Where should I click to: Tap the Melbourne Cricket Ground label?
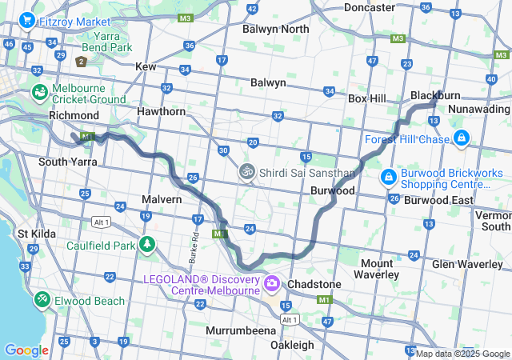(x=89, y=94)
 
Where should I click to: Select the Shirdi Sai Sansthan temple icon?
(x=247, y=172)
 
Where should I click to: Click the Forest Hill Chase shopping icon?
(x=461, y=139)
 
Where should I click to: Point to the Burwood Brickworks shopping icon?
(x=388, y=175)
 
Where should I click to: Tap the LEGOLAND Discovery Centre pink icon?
(x=272, y=284)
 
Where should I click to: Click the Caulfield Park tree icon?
(x=146, y=244)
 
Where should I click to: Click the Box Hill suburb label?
(x=367, y=98)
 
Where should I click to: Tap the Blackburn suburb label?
(x=436, y=95)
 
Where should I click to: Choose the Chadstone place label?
(x=314, y=284)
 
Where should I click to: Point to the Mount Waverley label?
(x=377, y=269)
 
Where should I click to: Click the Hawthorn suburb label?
(x=161, y=111)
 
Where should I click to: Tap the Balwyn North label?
(x=275, y=30)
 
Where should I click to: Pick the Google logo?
(x=26, y=350)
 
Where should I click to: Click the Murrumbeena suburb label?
(x=240, y=330)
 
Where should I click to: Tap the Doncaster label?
(x=369, y=7)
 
